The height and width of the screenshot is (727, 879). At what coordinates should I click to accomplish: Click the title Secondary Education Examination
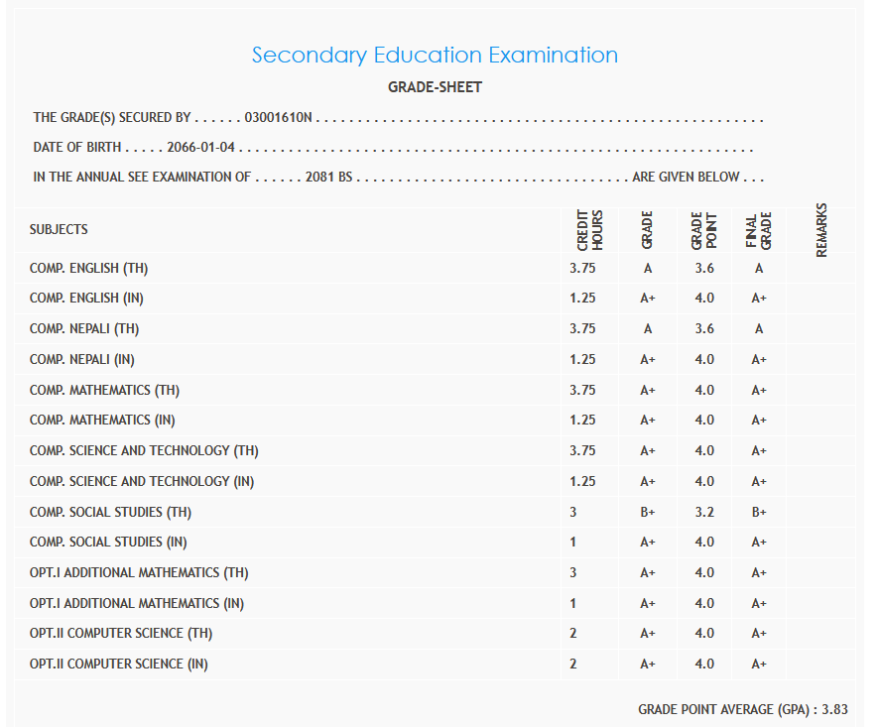click(x=435, y=56)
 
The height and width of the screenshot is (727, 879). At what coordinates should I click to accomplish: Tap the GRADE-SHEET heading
click(x=435, y=87)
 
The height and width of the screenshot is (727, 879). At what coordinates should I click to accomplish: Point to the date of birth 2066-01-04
click(x=201, y=148)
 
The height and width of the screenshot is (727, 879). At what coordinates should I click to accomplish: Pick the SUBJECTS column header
click(x=59, y=229)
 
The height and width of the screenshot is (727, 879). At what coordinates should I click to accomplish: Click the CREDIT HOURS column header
click(x=589, y=229)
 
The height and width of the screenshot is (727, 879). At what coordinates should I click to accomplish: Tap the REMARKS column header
click(x=821, y=230)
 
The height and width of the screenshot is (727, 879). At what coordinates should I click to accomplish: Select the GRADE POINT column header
click(x=703, y=229)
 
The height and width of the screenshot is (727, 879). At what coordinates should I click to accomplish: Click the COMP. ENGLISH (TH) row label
click(x=89, y=268)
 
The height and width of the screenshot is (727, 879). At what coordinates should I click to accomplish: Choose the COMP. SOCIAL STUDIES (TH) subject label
click(x=110, y=512)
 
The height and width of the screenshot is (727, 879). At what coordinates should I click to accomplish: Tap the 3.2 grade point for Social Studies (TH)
click(x=704, y=512)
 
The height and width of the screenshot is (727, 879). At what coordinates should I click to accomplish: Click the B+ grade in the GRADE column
click(x=648, y=512)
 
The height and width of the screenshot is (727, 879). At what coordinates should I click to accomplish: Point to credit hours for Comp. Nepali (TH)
click(x=583, y=329)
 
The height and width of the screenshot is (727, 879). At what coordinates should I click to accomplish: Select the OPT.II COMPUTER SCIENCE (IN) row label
click(x=119, y=664)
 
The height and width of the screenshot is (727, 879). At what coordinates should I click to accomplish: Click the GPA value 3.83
click(x=834, y=709)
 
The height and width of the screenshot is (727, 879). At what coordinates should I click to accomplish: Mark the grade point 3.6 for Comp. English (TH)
click(x=704, y=268)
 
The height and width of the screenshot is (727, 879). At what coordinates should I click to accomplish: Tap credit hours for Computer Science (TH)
click(x=573, y=633)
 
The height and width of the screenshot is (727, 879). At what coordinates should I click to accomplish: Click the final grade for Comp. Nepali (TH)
click(x=759, y=329)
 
